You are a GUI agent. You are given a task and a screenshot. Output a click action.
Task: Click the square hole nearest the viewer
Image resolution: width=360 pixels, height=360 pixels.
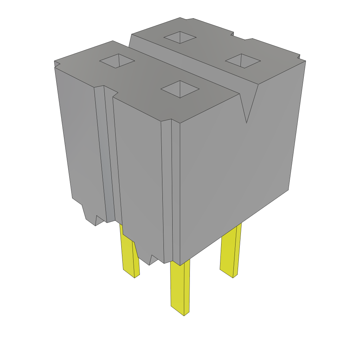click(180, 89)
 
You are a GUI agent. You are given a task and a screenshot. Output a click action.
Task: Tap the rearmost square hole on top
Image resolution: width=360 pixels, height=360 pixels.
click(180, 37)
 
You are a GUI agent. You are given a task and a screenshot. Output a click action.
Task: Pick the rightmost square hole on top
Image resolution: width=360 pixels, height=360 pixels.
click(243, 60)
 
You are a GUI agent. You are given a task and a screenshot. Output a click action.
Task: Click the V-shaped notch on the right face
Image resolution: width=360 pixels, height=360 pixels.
click(247, 105)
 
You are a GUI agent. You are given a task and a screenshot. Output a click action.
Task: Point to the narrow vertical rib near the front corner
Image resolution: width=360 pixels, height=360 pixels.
click(167, 190)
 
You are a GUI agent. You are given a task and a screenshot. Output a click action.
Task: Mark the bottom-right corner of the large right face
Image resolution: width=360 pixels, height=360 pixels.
click(288, 190)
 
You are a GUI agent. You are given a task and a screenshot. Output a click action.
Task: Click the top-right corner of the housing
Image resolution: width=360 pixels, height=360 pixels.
click(305, 61)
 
